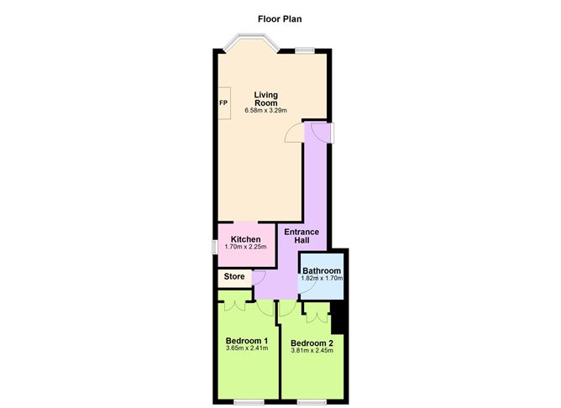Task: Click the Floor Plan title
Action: [x=280, y=19]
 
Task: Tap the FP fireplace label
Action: [x=223, y=103]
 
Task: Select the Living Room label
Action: [x=266, y=99]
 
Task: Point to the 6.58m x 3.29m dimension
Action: [x=266, y=111]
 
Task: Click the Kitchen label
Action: [x=245, y=239]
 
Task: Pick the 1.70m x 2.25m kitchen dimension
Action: [x=245, y=247]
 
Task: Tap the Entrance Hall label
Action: [x=301, y=236]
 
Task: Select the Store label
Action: [x=234, y=276]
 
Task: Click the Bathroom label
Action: [x=322, y=270]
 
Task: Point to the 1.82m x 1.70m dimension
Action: [x=322, y=278]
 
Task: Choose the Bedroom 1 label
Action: [x=247, y=340]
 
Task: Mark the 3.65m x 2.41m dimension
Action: [x=247, y=348]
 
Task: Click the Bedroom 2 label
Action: [x=312, y=343]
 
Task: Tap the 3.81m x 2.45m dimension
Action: [x=312, y=351]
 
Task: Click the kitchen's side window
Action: [x=214, y=247]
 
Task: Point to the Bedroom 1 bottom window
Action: [x=249, y=402]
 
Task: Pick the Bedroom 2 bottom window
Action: [x=312, y=402]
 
